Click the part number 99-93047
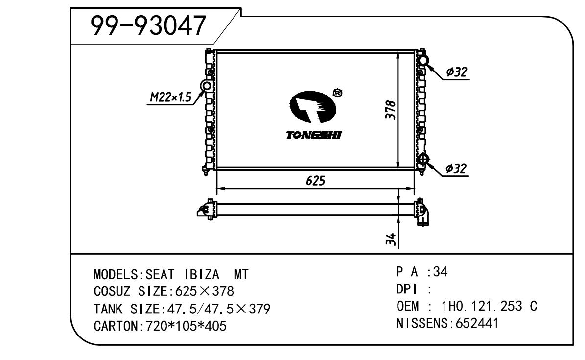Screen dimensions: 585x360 (x=148, y=25)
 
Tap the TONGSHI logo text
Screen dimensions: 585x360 (x=314, y=135)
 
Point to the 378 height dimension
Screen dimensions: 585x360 (x=390, y=109)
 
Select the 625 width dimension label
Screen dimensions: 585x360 (x=315, y=181)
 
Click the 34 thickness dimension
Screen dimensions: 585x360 (x=390, y=240)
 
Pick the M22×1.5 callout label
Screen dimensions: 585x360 (x=170, y=97)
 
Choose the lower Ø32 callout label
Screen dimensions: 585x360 (x=456, y=169)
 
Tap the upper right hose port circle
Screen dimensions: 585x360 (x=422, y=61)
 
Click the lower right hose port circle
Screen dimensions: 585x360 (x=422, y=160)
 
